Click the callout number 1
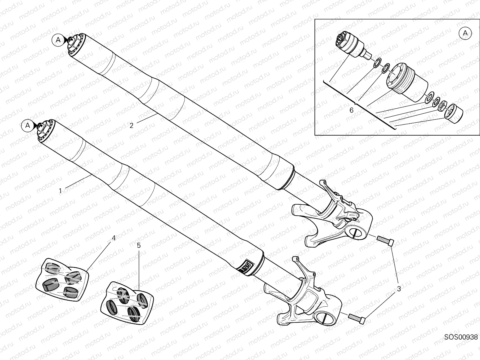tap(60, 191)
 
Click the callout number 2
tap(131, 125)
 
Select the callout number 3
tap(399, 289)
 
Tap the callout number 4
tap(113, 238)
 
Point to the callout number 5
tap(139, 245)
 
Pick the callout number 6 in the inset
tap(351, 110)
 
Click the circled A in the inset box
tap(465, 33)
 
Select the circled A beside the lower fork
tap(28, 125)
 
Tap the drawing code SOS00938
tap(461, 345)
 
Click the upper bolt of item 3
tap(385, 241)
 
